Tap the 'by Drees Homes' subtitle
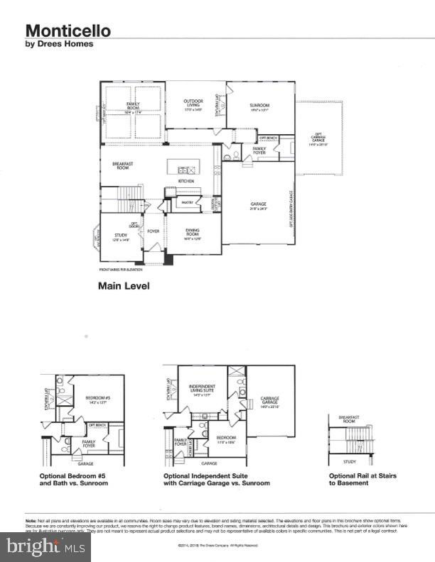(60, 44)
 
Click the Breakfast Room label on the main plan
(124, 166)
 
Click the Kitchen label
(186, 182)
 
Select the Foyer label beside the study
(153, 231)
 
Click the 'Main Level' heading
(123, 287)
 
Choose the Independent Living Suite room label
(202, 390)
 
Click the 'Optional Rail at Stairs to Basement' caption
(362, 479)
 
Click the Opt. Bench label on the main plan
(267, 138)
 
